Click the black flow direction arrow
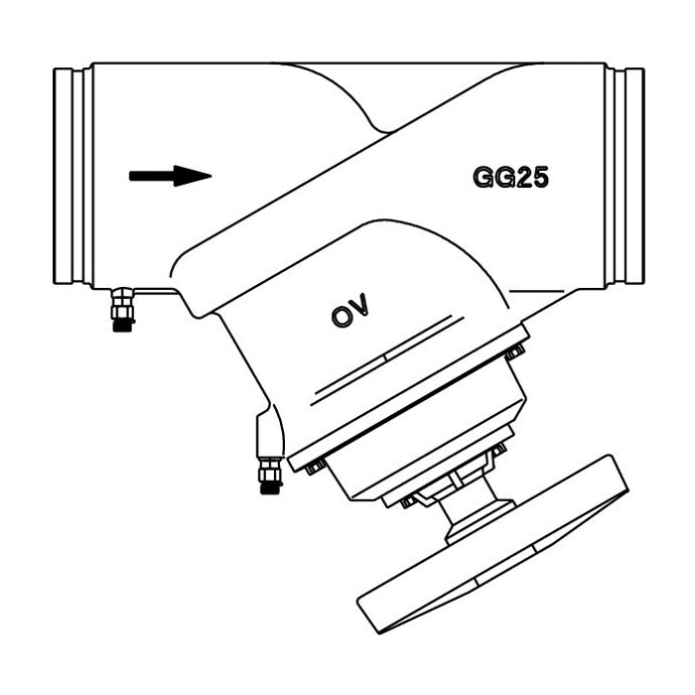(170, 176)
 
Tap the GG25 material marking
(510, 178)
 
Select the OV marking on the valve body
(350, 310)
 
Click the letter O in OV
(342, 317)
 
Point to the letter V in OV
(360, 304)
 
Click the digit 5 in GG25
(539, 178)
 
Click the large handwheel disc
(492, 544)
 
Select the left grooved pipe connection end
(73, 176)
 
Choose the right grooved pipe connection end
(625, 176)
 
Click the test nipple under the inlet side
(123, 310)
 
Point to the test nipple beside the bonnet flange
(271, 476)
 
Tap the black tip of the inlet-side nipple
(123, 326)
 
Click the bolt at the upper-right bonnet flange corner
(515, 351)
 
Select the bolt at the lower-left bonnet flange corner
(315, 467)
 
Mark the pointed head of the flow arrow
(193, 176)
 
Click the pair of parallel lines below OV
(387, 359)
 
